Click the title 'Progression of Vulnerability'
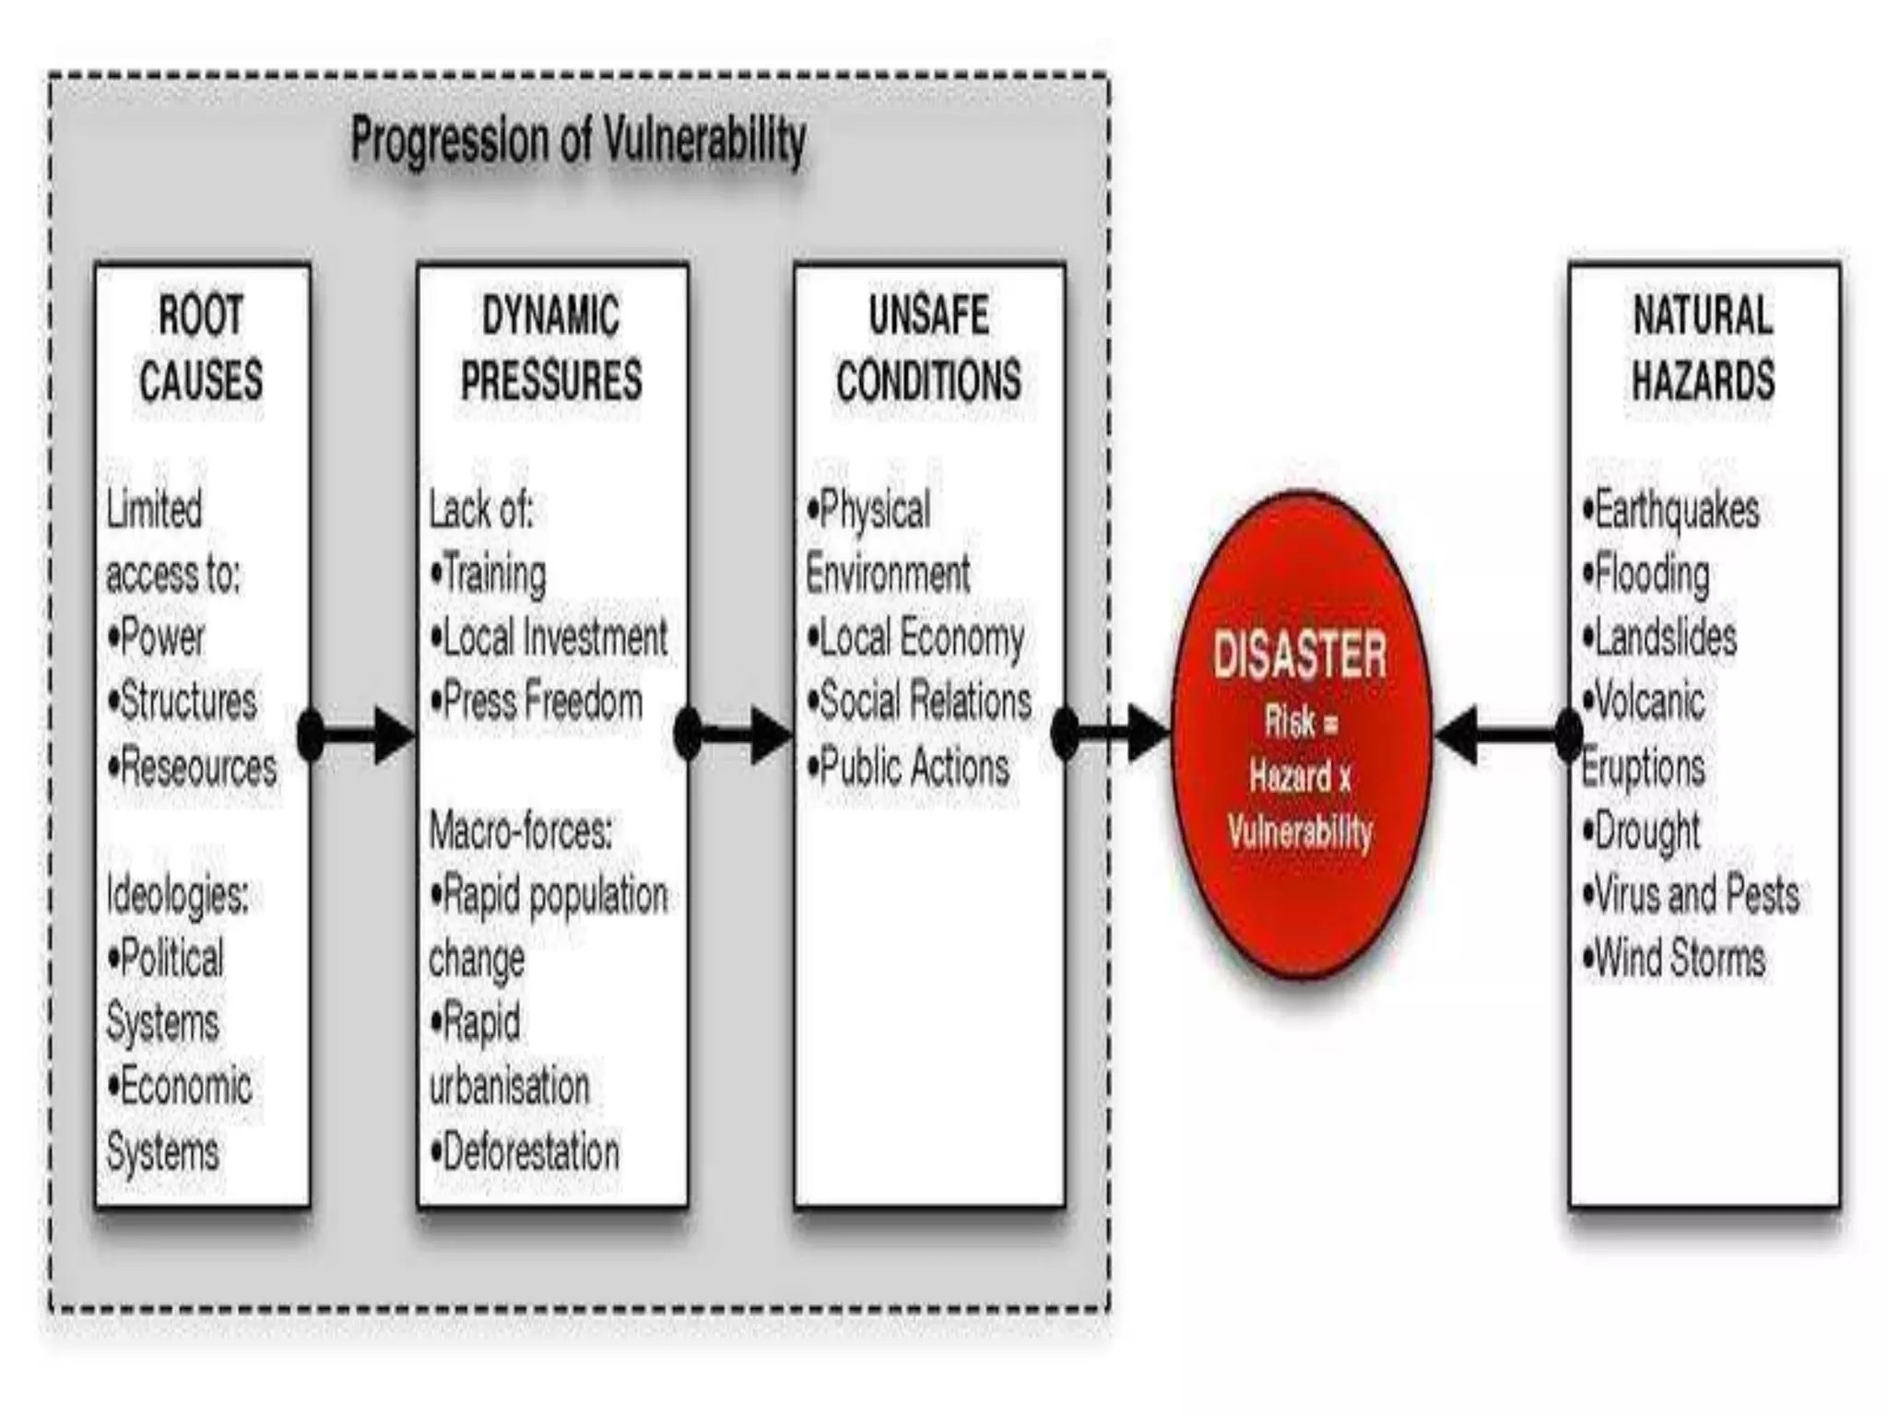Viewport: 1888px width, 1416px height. pos(578,141)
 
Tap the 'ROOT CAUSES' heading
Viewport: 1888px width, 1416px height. pos(201,348)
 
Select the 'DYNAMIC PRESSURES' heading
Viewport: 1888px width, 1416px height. pos(551,348)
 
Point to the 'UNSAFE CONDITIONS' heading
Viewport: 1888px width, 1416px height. pos(928,348)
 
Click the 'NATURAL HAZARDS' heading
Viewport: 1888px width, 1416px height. pos(1703,348)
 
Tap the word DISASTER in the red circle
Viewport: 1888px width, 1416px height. pos(1299,655)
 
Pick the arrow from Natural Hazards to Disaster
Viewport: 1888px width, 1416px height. pos(1503,735)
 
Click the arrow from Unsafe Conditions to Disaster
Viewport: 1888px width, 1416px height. pos(1116,735)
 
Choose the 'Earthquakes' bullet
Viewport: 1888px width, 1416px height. pos(1670,510)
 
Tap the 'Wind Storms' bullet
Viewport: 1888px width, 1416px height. pos(1674,958)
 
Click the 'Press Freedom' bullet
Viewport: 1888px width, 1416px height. pos(537,702)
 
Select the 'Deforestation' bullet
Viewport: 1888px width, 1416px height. pos(525,1152)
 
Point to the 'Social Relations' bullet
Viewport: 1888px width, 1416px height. pos(919,702)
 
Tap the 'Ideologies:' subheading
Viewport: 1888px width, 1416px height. pos(177,894)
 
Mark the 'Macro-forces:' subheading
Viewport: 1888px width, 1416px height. pos(520,832)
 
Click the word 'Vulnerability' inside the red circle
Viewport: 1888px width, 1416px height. pos(1300,832)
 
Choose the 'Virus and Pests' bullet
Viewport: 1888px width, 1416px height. pos(1691,894)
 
